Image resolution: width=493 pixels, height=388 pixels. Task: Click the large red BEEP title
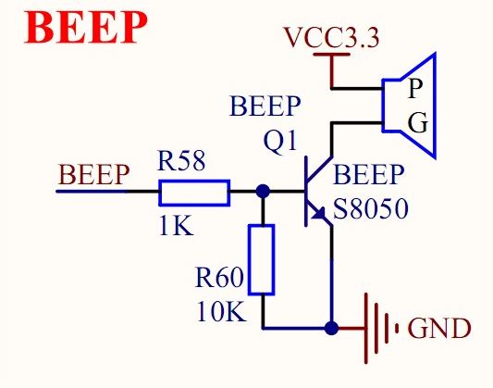[x=85, y=28]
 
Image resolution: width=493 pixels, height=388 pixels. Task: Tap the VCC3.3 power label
[x=332, y=37]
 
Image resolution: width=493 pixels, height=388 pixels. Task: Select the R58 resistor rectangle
[x=194, y=193]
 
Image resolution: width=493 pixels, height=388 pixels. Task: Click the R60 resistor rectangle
[x=262, y=259]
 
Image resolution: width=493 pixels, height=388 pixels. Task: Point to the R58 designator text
[x=181, y=160]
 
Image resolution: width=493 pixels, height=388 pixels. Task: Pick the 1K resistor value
[x=176, y=226]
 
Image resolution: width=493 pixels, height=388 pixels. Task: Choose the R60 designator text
[x=219, y=277]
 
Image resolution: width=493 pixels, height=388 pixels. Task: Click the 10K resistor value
[x=221, y=311]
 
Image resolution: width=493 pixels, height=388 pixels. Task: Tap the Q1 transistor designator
[x=279, y=142]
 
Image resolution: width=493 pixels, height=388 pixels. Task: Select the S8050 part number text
[x=371, y=208]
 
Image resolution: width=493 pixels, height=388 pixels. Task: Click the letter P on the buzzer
[x=415, y=88]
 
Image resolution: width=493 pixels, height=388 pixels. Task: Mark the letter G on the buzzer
[x=418, y=122]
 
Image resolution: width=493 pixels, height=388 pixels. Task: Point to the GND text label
[x=439, y=328]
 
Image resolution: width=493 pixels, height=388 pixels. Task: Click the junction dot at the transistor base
[x=263, y=191]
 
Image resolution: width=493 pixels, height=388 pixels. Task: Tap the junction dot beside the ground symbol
[x=331, y=329]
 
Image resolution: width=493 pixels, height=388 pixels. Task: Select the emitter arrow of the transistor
[x=318, y=214]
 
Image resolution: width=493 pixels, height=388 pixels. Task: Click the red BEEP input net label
[x=93, y=174]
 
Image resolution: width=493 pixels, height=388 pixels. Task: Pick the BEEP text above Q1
[x=265, y=106]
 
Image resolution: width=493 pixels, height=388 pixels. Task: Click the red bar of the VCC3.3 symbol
[x=332, y=55]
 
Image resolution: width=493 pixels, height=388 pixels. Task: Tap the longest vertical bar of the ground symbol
[x=366, y=329]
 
